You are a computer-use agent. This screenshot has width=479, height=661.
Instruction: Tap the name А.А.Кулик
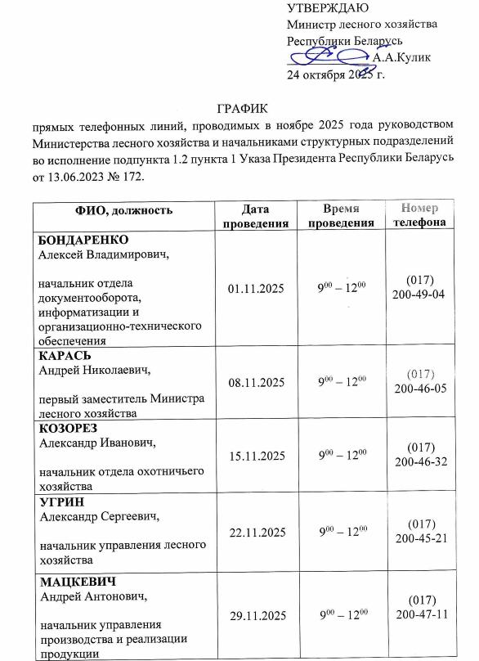[401, 57]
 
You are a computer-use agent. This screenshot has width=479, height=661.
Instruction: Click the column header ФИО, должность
[123, 210]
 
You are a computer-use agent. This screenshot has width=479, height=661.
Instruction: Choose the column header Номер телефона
[419, 215]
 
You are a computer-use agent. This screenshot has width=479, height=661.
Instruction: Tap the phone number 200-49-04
[419, 294]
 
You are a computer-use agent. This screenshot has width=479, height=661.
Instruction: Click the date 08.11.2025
[257, 382]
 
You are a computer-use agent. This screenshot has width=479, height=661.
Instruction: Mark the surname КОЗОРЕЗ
[71, 429]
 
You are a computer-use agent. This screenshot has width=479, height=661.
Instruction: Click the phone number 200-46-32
[419, 461]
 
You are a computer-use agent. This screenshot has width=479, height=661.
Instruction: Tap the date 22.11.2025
[257, 533]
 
